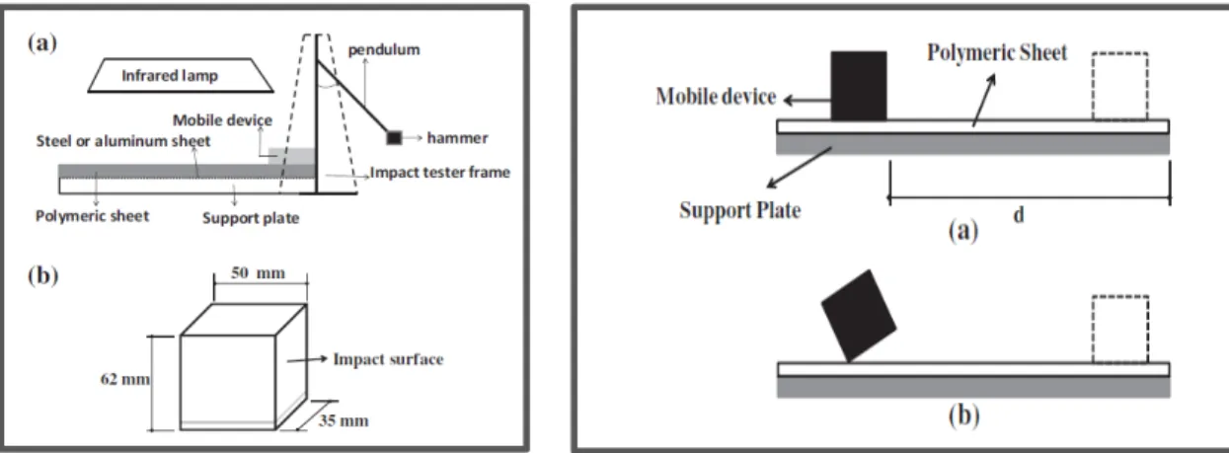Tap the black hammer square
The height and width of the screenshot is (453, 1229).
click(394, 137)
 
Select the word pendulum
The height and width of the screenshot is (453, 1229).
click(384, 50)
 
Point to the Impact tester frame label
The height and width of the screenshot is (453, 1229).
click(440, 172)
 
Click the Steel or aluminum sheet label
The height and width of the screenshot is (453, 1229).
click(122, 141)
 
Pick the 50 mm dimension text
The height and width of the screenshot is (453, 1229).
click(258, 273)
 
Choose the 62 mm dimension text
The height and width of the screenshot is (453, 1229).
click(125, 379)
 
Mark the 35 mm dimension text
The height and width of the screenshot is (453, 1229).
click(344, 420)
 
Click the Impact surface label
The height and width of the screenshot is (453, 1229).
click(388, 359)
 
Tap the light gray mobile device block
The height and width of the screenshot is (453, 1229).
click(291, 156)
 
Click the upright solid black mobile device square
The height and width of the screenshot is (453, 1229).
click(859, 86)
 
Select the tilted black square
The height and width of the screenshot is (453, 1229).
click(859, 316)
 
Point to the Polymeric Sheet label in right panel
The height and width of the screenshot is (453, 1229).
click(997, 52)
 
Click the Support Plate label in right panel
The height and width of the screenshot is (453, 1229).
click(740, 210)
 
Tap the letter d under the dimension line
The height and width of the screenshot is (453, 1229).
click(1019, 214)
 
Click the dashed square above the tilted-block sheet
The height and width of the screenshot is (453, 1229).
click(1119, 329)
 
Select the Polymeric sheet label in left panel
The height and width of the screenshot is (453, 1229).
click(92, 216)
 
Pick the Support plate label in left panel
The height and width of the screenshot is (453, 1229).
click(251, 218)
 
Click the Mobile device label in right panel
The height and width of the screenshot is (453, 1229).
click(716, 97)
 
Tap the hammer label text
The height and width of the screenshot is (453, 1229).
click(457, 138)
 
